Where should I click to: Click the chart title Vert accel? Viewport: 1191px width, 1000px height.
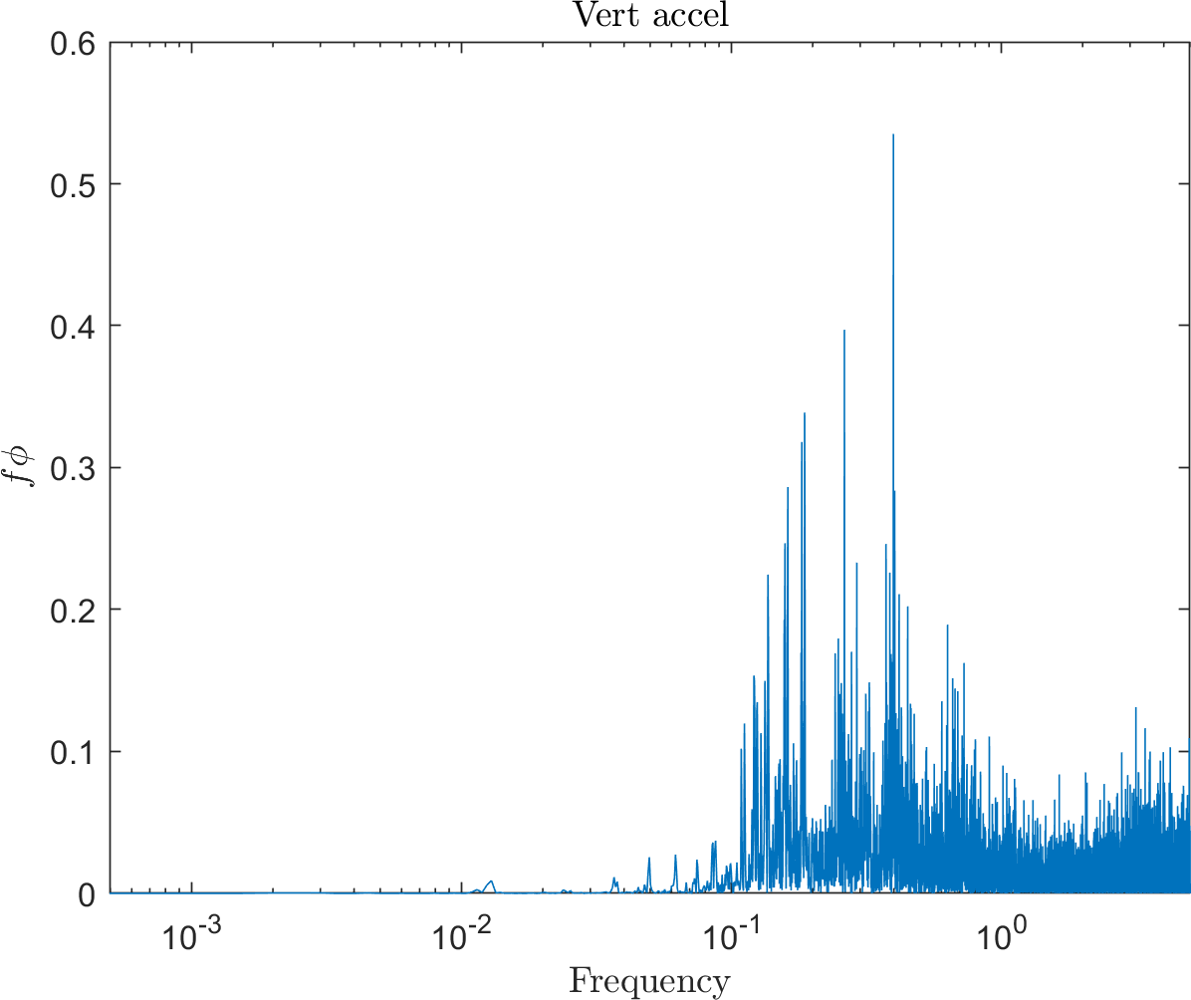pos(648,15)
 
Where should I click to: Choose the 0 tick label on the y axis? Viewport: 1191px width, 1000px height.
pos(88,892)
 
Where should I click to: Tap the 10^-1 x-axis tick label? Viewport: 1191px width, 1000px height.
pos(727,932)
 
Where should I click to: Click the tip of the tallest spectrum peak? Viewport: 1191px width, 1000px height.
pos(893,135)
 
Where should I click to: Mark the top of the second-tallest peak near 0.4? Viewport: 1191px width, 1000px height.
pos(844,331)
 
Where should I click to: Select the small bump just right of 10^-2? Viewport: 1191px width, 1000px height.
pos(490,881)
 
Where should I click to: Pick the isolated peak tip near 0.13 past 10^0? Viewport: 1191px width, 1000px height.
pos(1136,708)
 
